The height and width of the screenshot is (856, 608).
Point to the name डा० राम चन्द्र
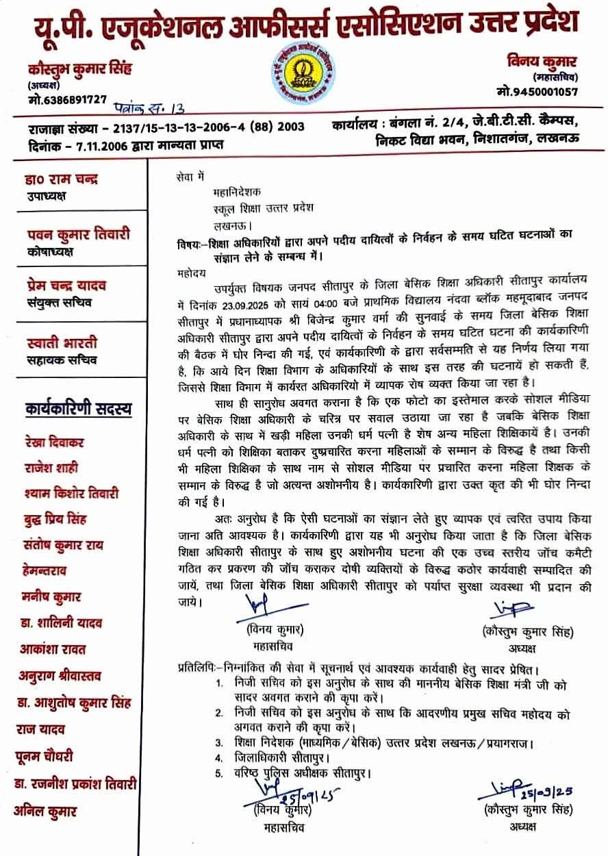[x=60, y=179]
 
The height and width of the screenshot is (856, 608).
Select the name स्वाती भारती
[x=61, y=342]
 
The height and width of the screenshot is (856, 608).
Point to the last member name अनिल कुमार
[x=46, y=811]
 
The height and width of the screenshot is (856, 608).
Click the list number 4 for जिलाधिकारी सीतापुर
[x=218, y=757]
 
